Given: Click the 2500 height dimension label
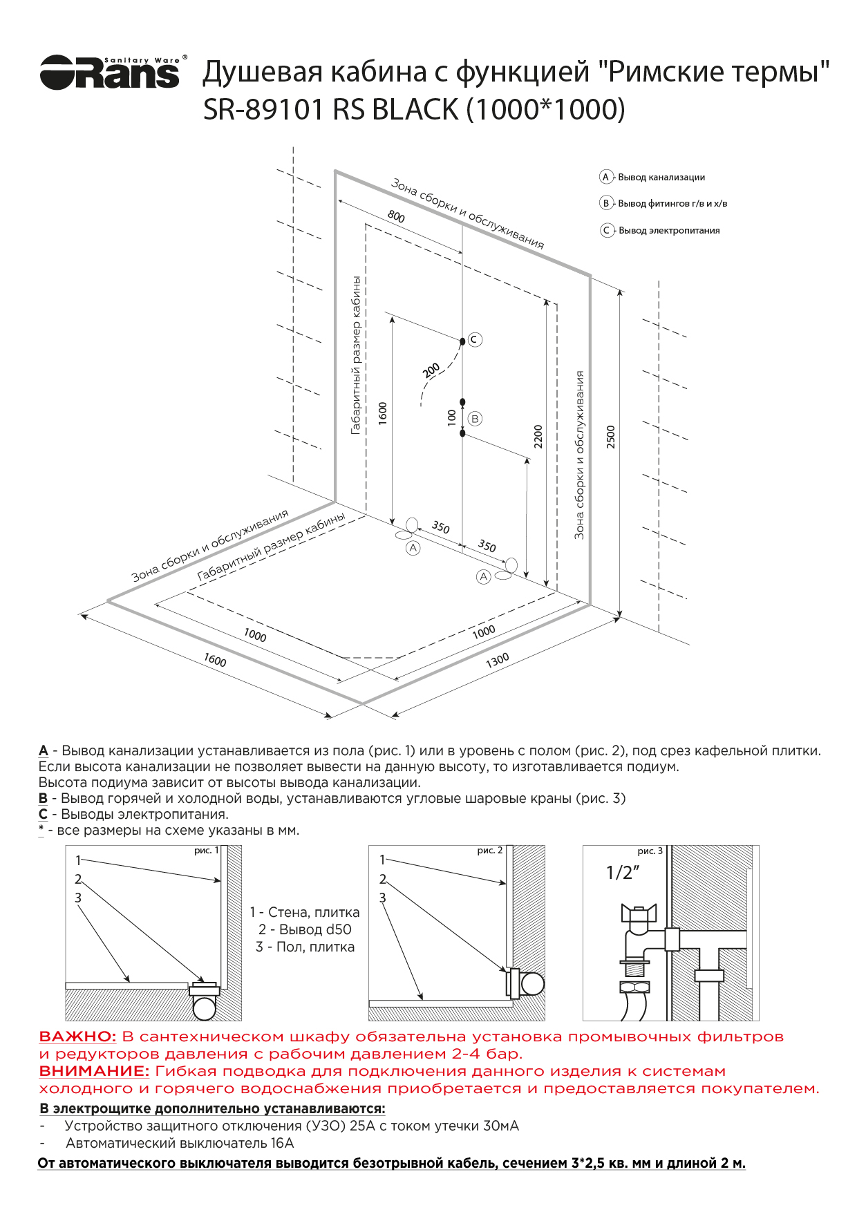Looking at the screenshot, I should pyautogui.click(x=611, y=437).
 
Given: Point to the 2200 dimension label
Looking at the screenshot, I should pyautogui.click(x=538, y=437).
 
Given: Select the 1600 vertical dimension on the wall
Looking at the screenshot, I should pyautogui.click(x=383, y=413).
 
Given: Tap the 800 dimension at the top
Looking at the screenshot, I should pyautogui.click(x=396, y=216).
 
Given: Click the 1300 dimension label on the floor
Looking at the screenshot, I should pyautogui.click(x=497, y=661).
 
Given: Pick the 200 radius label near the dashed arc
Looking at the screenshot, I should pyautogui.click(x=431, y=370).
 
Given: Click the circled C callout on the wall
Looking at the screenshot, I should pyautogui.click(x=475, y=339).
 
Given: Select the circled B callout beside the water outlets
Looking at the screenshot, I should pyautogui.click(x=475, y=419).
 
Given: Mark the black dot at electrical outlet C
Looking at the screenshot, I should pyautogui.click(x=462, y=341).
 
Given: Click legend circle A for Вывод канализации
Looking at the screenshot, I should pyautogui.click(x=605, y=177).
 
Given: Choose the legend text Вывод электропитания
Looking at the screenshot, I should pyautogui.click(x=669, y=231).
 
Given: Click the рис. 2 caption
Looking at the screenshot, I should pyautogui.click(x=490, y=851).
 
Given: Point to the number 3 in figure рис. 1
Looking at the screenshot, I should pyautogui.click(x=78, y=898).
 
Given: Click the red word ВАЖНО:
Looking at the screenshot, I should pyautogui.click(x=77, y=1036).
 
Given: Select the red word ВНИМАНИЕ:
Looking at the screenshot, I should pyautogui.click(x=94, y=1071).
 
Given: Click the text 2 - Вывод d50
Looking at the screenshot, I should pyautogui.click(x=305, y=929).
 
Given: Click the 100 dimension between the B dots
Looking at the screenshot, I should pyautogui.click(x=452, y=417).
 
